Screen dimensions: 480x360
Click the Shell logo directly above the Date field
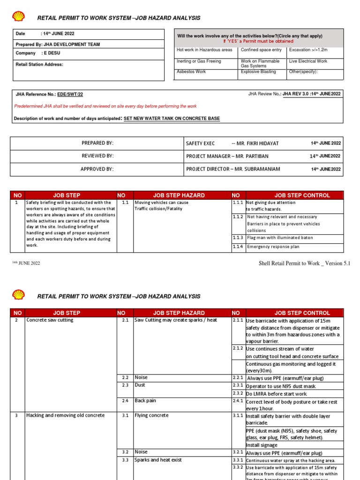(18, 17)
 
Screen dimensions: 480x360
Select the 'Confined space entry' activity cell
(261, 50)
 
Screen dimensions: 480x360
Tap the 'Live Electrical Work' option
(308, 61)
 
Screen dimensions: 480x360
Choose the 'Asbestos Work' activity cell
(191, 72)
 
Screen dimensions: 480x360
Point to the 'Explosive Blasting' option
(258, 72)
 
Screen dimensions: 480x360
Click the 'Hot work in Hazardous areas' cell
(204, 50)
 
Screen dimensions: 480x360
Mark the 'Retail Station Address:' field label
(39, 64)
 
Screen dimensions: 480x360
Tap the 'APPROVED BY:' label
(97, 169)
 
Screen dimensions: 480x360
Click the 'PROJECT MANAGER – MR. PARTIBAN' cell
(227, 156)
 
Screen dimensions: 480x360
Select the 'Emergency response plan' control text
(273, 247)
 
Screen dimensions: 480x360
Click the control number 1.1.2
(238, 217)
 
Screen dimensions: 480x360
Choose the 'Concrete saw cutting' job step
(50, 320)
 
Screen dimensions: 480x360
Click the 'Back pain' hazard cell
(145, 401)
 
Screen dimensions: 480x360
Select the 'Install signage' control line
(262, 445)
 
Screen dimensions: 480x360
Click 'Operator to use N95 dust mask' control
(281, 386)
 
